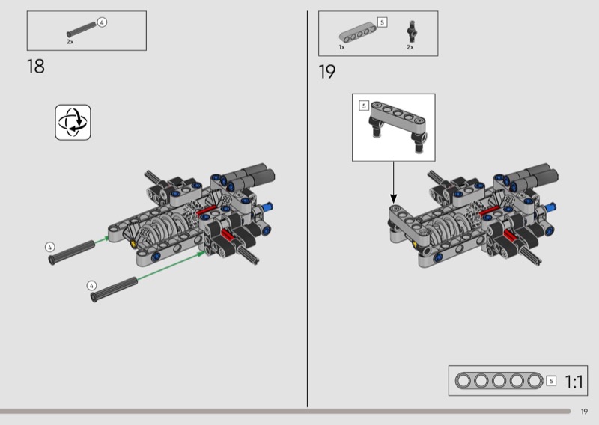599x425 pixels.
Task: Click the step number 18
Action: point(35,67)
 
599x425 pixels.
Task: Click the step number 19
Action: point(327,72)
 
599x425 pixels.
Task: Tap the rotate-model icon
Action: point(73,122)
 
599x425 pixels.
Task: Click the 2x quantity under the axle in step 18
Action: point(70,42)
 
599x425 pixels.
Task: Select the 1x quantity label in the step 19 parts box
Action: point(342,47)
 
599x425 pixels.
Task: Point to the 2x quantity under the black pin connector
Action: point(410,47)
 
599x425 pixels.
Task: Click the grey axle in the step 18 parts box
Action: point(82,29)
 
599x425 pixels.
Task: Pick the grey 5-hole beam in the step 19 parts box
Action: point(358,32)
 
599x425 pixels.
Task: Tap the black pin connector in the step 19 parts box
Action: point(411,31)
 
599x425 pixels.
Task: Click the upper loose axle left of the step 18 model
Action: point(71,252)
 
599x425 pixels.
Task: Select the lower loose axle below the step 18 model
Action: point(114,290)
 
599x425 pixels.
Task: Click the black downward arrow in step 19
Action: point(394,182)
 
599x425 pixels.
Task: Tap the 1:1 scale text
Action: point(574,382)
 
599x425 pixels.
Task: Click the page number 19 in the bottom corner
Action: point(584,412)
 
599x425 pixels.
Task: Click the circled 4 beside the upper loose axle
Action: point(49,248)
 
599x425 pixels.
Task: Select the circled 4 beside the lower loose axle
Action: point(91,286)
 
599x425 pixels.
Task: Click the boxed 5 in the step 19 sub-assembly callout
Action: point(364,106)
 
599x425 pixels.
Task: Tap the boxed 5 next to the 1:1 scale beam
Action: point(551,381)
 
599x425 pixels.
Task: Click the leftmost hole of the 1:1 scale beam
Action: point(463,381)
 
